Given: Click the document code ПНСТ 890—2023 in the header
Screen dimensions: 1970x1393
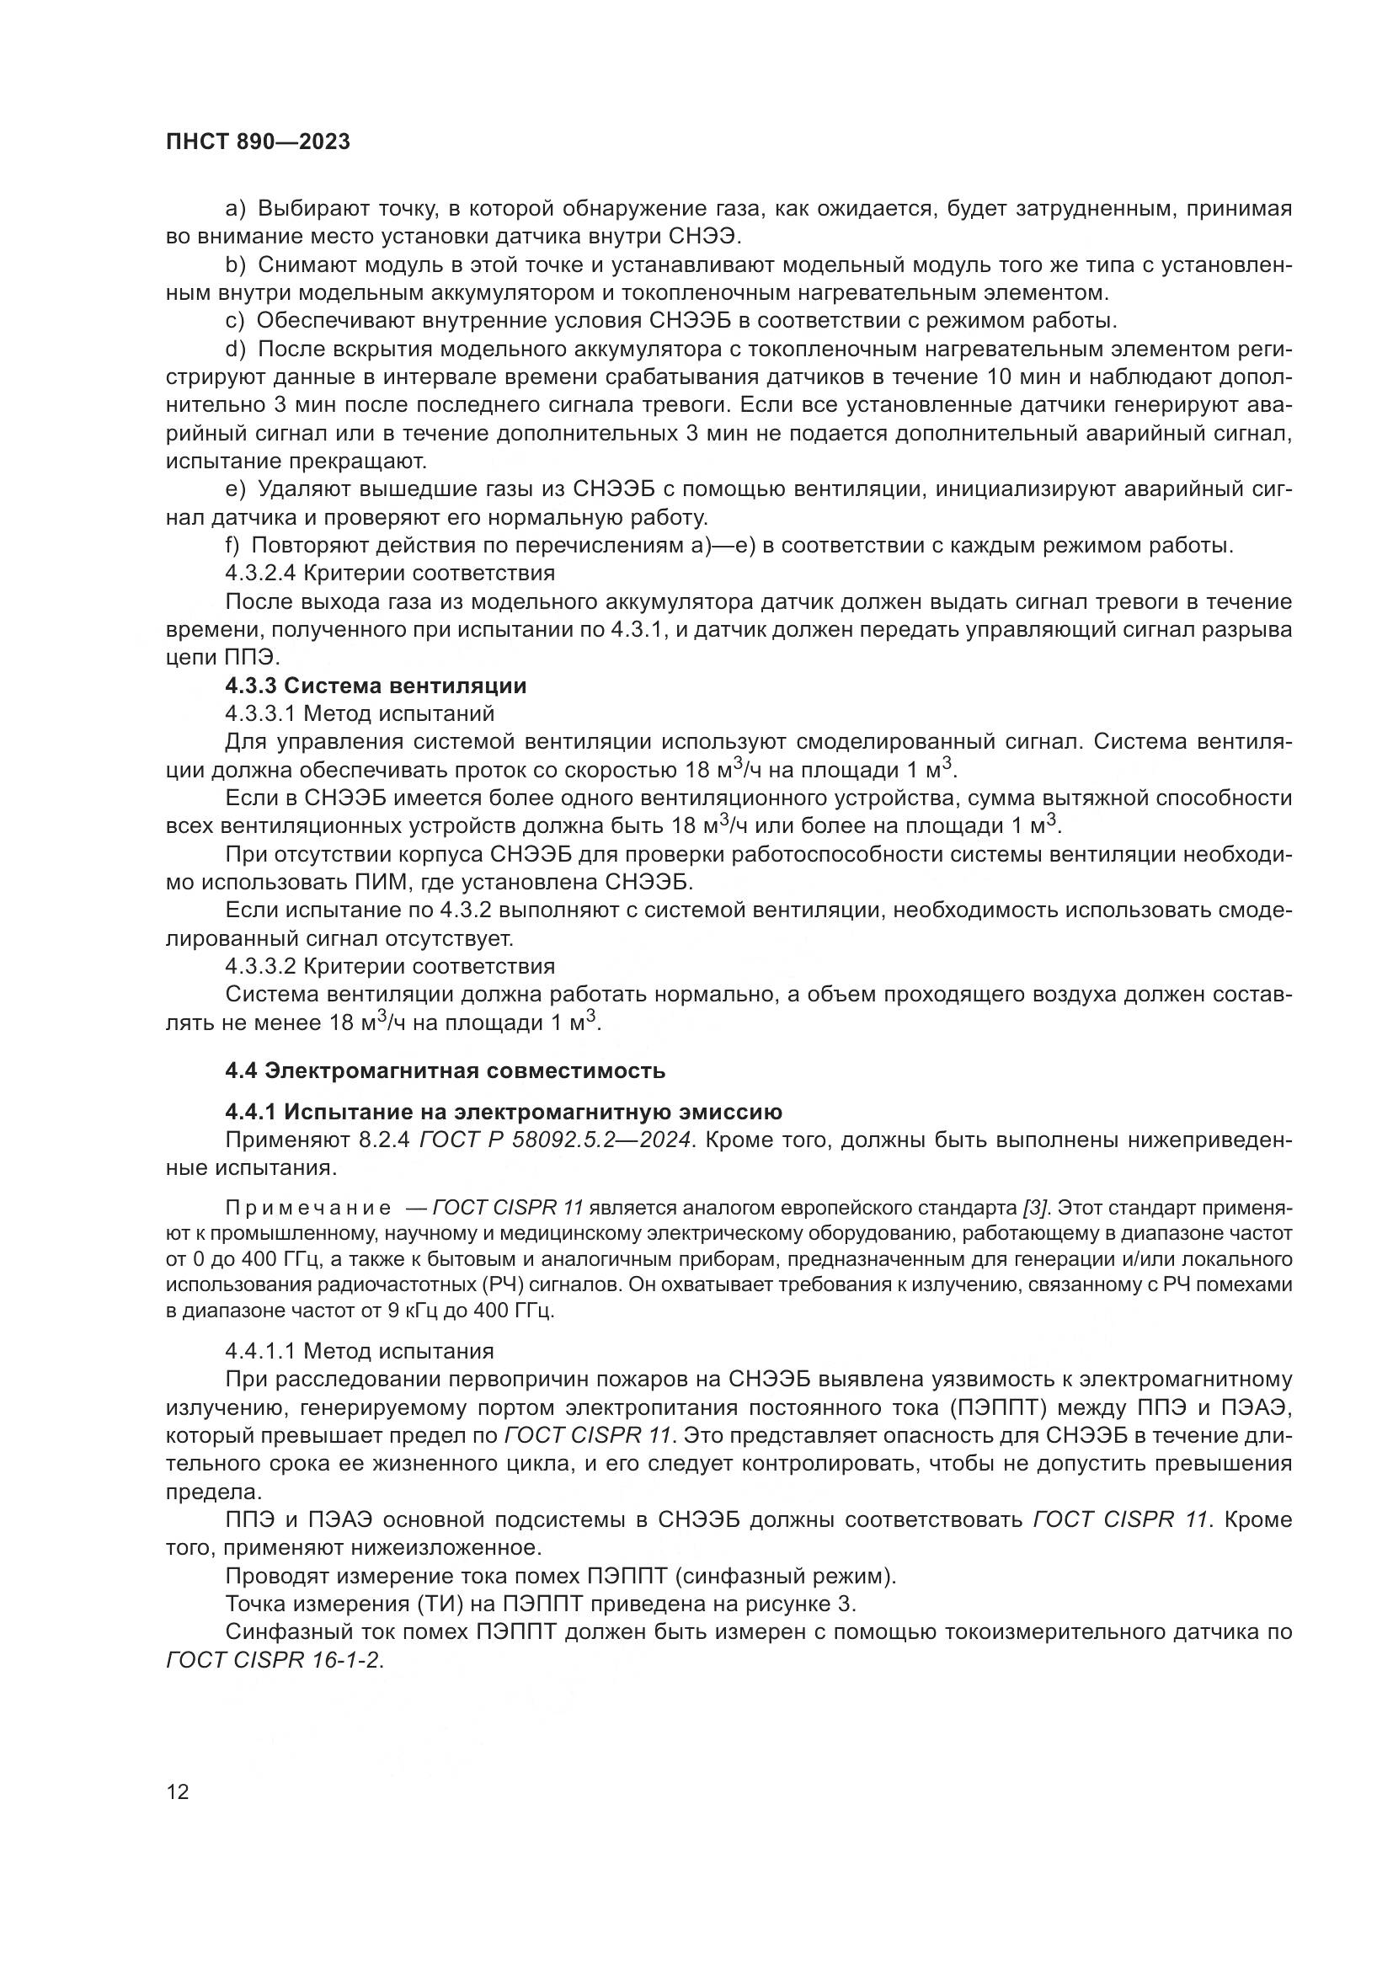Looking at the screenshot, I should coord(259,142).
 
